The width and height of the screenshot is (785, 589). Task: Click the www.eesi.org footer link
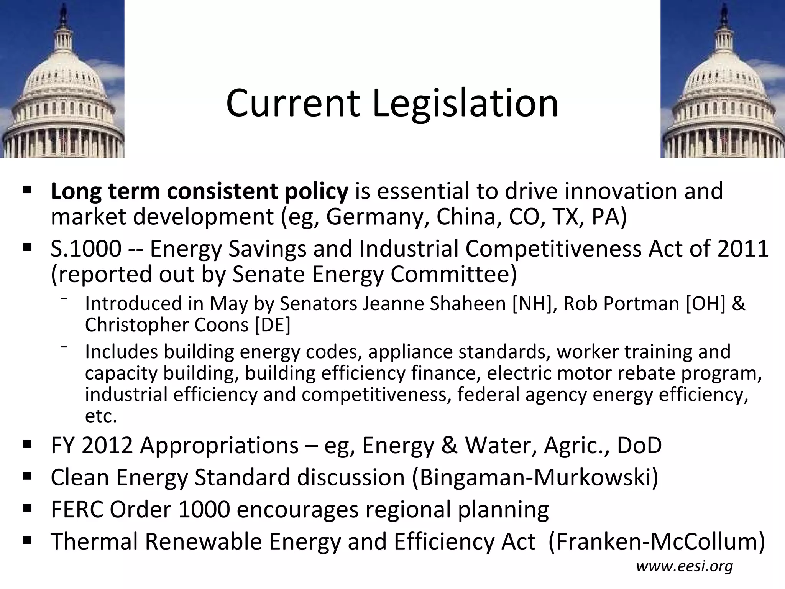685,566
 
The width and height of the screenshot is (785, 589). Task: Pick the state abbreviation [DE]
273,325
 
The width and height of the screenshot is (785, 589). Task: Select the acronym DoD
639,445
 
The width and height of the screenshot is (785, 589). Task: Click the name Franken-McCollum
657,541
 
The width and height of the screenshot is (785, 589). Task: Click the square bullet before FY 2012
27,445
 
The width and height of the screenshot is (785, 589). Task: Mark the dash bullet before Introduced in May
64,299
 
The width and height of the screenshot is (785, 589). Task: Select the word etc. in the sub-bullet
101,416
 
